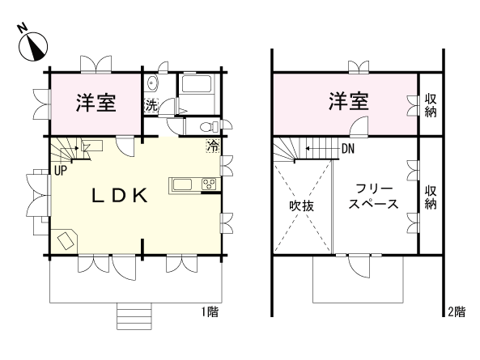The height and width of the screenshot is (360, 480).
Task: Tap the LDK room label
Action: click(117, 196)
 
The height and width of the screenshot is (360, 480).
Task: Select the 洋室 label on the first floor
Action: click(96, 104)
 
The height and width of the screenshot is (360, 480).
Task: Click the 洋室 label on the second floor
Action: click(349, 103)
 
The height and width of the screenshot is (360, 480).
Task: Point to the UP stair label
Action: click(60, 171)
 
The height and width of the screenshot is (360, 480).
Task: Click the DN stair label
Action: click(348, 149)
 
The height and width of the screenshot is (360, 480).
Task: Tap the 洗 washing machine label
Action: click(151, 104)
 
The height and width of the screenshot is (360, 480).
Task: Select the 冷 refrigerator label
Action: click(212, 146)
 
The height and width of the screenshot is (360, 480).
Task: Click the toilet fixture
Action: click(207, 126)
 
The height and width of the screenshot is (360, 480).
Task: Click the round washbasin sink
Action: click(153, 82)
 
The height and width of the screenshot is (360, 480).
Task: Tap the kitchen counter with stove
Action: click(194, 184)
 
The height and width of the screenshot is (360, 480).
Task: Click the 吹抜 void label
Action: click(302, 205)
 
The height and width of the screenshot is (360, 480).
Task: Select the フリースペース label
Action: click(373, 196)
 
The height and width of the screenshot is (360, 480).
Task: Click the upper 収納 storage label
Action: click(431, 104)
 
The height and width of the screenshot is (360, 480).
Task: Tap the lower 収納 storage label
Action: click(431, 197)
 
